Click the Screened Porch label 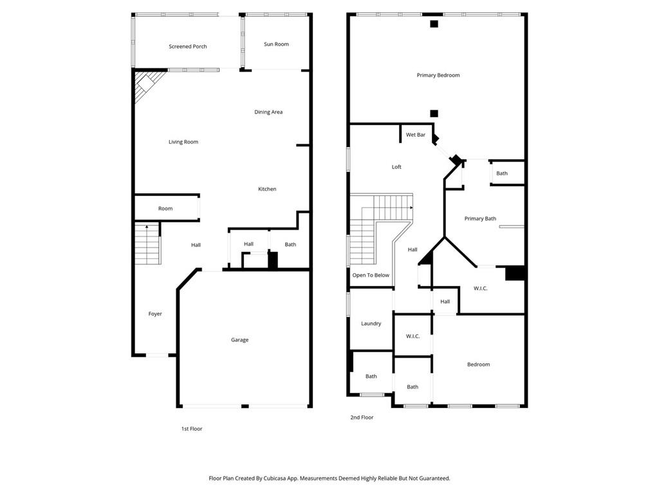pyautogui.click(x=188, y=46)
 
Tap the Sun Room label pyautogui.click(x=276, y=44)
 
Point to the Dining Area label pyautogui.click(x=268, y=112)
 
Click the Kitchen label pyautogui.click(x=267, y=189)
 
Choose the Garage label pyautogui.click(x=240, y=340)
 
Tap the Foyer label pyautogui.click(x=155, y=314)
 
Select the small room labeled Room pyautogui.click(x=165, y=208)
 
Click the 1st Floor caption pyautogui.click(x=192, y=429)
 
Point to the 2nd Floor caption pyautogui.click(x=362, y=418)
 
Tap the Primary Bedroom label pyautogui.click(x=438, y=75)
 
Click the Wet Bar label pyautogui.click(x=416, y=135)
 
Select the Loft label pyautogui.click(x=396, y=167)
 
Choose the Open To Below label pyautogui.click(x=371, y=275)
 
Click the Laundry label pyautogui.click(x=371, y=324)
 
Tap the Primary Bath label pyautogui.click(x=480, y=218)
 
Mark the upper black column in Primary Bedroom pyautogui.click(x=434, y=24)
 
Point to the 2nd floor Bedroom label pyautogui.click(x=478, y=364)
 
